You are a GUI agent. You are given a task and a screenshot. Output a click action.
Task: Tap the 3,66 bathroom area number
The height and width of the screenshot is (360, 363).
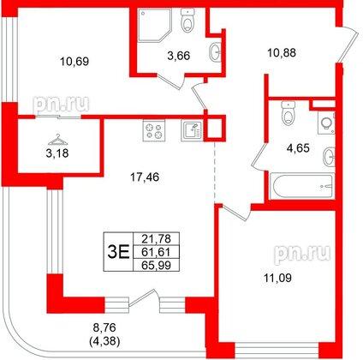point(178,58)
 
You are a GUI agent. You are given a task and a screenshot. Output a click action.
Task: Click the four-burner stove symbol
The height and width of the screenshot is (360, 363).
point(156,131)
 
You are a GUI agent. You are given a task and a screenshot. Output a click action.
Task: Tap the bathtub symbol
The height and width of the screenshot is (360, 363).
point(300,188)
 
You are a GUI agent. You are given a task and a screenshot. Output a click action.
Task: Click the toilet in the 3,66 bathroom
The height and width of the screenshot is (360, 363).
point(188,21)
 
